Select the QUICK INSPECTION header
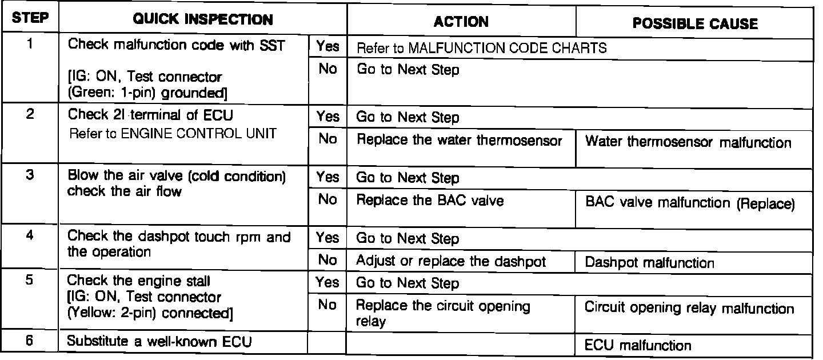pos(202,21)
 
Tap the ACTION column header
pos(461,22)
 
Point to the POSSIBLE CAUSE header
pos(695,23)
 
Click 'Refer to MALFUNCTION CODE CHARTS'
pos(481,49)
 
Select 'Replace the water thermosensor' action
pos(459,141)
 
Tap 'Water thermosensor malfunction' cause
pos(688,142)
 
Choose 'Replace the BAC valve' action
pos(430,201)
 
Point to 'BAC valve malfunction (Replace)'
pos(690,203)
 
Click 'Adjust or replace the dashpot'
pos(450,261)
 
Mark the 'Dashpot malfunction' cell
pos(649,263)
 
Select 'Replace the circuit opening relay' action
pos(443,313)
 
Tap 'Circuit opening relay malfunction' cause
pos(689,309)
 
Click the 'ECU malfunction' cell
pos(638,345)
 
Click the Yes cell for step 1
pos(327,47)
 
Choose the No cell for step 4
pos(327,261)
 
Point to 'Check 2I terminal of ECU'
pos(150,114)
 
